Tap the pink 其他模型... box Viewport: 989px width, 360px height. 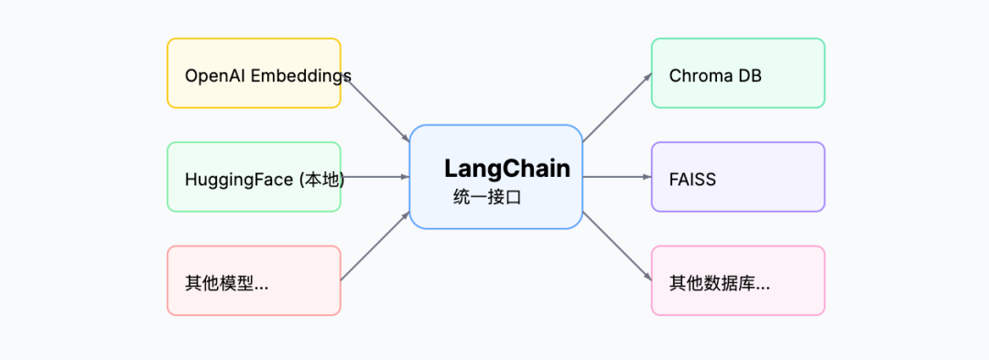pyautogui.click(x=254, y=280)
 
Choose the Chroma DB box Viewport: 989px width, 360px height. pyautogui.click(x=737, y=73)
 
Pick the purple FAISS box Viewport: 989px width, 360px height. pyautogui.click(x=737, y=177)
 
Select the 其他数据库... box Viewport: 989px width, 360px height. pyautogui.click(x=737, y=280)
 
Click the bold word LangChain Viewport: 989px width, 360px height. pyautogui.click(x=506, y=169)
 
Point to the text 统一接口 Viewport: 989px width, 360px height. pyautogui.click(x=486, y=196)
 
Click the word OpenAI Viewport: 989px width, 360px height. pyautogui.click(x=210, y=75)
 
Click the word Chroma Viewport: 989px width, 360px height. pyautogui.click(x=697, y=75)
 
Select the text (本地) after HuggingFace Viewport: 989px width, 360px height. pyautogui.click(x=321, y=180)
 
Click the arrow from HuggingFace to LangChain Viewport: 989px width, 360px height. pyautogui.click(x=375, y=177)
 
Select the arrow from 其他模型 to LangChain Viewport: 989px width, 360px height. pyautogui.click(x=375, y=245)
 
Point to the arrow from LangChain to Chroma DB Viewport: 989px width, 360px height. pyautogui.click(x=617, y=107)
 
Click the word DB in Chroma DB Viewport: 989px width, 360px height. pyautogui.click(x=749, y=75)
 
